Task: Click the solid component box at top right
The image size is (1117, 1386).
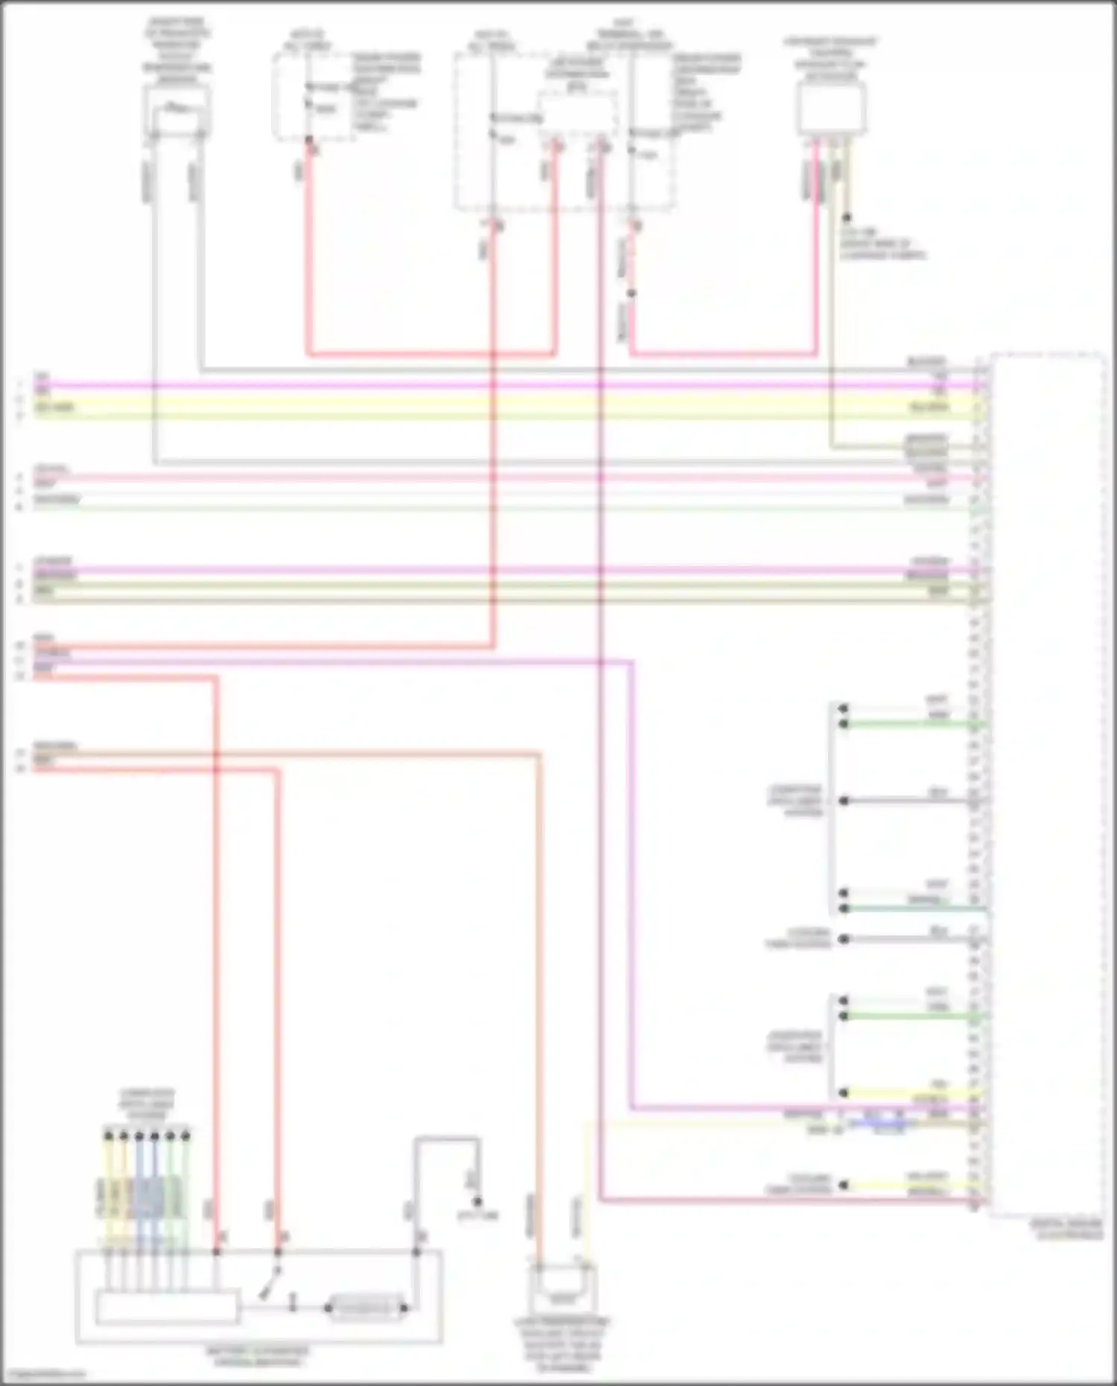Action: click(x=831, y=109)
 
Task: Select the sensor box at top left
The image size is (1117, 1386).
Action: click(x=176, y=112)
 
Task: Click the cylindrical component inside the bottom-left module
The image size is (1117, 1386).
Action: click(x=366, y=1307)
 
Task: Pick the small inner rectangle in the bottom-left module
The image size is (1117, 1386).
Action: click(x=167, y=1307)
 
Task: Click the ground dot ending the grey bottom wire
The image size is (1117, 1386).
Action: click(x=477, y=1201)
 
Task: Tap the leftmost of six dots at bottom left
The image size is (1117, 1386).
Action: click(x=109, y=1136)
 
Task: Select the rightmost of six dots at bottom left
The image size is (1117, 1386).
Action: click(x=186, y=1136)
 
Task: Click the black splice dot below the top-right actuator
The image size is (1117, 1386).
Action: click(x=847, y=218)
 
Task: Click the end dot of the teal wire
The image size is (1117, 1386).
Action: click(x=844, y=909)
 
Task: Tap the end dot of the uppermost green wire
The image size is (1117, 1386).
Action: click(x=844, y=724)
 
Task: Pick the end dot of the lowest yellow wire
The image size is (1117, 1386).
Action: click(x=844, y=1185)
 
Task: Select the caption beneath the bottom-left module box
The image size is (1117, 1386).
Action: click(x=257, y=1356)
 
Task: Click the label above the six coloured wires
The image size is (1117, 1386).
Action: click(x=146, y=1103)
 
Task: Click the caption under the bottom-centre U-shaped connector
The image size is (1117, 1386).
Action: click(x=563, y=1345)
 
